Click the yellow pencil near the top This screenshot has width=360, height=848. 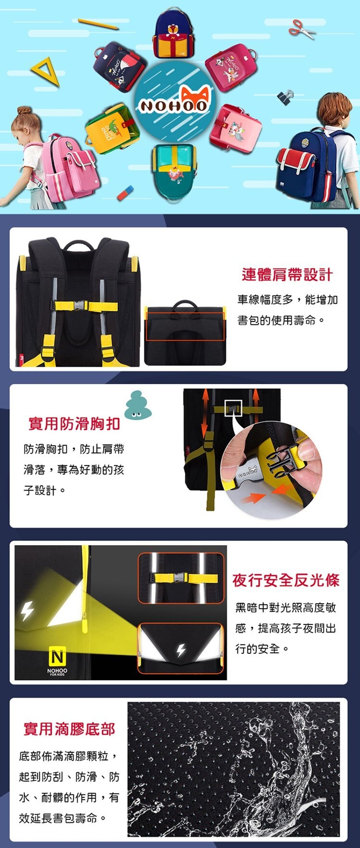(x=98, y=24)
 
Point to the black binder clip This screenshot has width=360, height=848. (x=285, y=96)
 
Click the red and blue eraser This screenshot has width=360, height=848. (x=126, y=193)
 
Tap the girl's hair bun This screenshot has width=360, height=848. (x=24, y=111)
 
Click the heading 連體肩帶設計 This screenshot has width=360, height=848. (x=287, y=275)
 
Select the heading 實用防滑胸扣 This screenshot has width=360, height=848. (x=74, y=423)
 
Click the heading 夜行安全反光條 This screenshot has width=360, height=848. (x=286, y=580)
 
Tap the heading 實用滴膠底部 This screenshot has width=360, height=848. (x=69, y=729)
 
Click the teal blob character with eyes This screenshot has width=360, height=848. (x=137, y=406)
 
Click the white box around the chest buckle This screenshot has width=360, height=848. (x=233, y=408)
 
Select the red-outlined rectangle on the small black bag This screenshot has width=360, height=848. (x=185, y=326)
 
